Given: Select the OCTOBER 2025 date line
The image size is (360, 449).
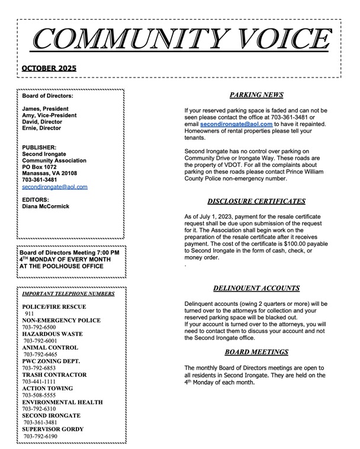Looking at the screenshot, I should pos(49,68).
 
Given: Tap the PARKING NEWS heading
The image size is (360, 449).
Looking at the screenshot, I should pos(256,95).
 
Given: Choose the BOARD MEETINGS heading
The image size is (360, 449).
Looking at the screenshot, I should pos(256,353).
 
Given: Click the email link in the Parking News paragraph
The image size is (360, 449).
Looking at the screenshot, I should pos(236,125).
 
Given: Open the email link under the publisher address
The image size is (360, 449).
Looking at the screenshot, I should pos(54,186).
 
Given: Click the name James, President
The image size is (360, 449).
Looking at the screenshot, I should pos(46,109).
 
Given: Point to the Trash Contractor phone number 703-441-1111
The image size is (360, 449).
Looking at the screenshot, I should pos(39,382).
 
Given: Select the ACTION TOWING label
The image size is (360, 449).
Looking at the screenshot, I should pos(48,388).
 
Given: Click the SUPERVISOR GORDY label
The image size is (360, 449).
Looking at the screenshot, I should pos(53,429).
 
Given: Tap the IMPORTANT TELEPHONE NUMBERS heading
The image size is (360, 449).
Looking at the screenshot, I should pos(68,293).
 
